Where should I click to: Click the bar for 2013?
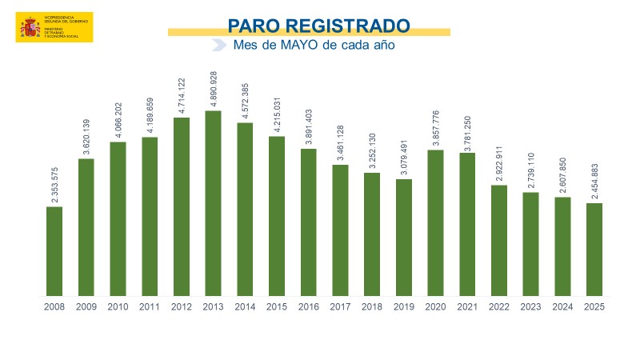213,203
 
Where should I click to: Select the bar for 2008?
54,251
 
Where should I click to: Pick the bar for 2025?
594,250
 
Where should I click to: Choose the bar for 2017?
341,230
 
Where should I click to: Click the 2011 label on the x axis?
150,307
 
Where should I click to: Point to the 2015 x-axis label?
277,307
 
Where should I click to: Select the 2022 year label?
499,307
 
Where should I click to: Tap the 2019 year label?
404,307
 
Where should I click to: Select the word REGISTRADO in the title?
350,26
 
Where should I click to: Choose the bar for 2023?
531,244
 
